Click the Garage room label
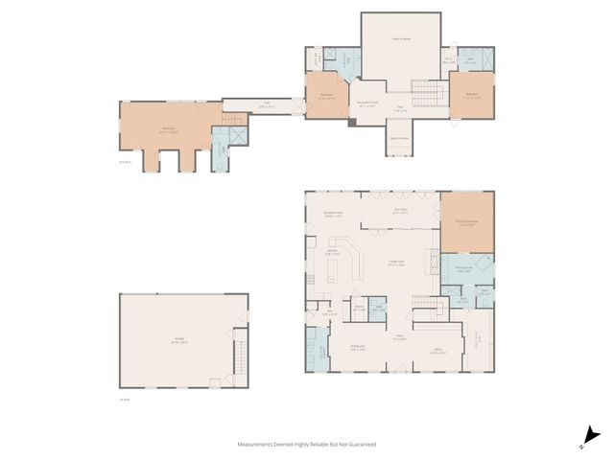point(180,339)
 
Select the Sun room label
point(401,211)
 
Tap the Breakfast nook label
point(334,215)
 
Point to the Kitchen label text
point(332,252)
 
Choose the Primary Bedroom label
point(467,222)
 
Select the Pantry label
point(359,309)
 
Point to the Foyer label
point(400,337)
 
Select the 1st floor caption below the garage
point(124,400)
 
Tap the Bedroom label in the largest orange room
point(168,129)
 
